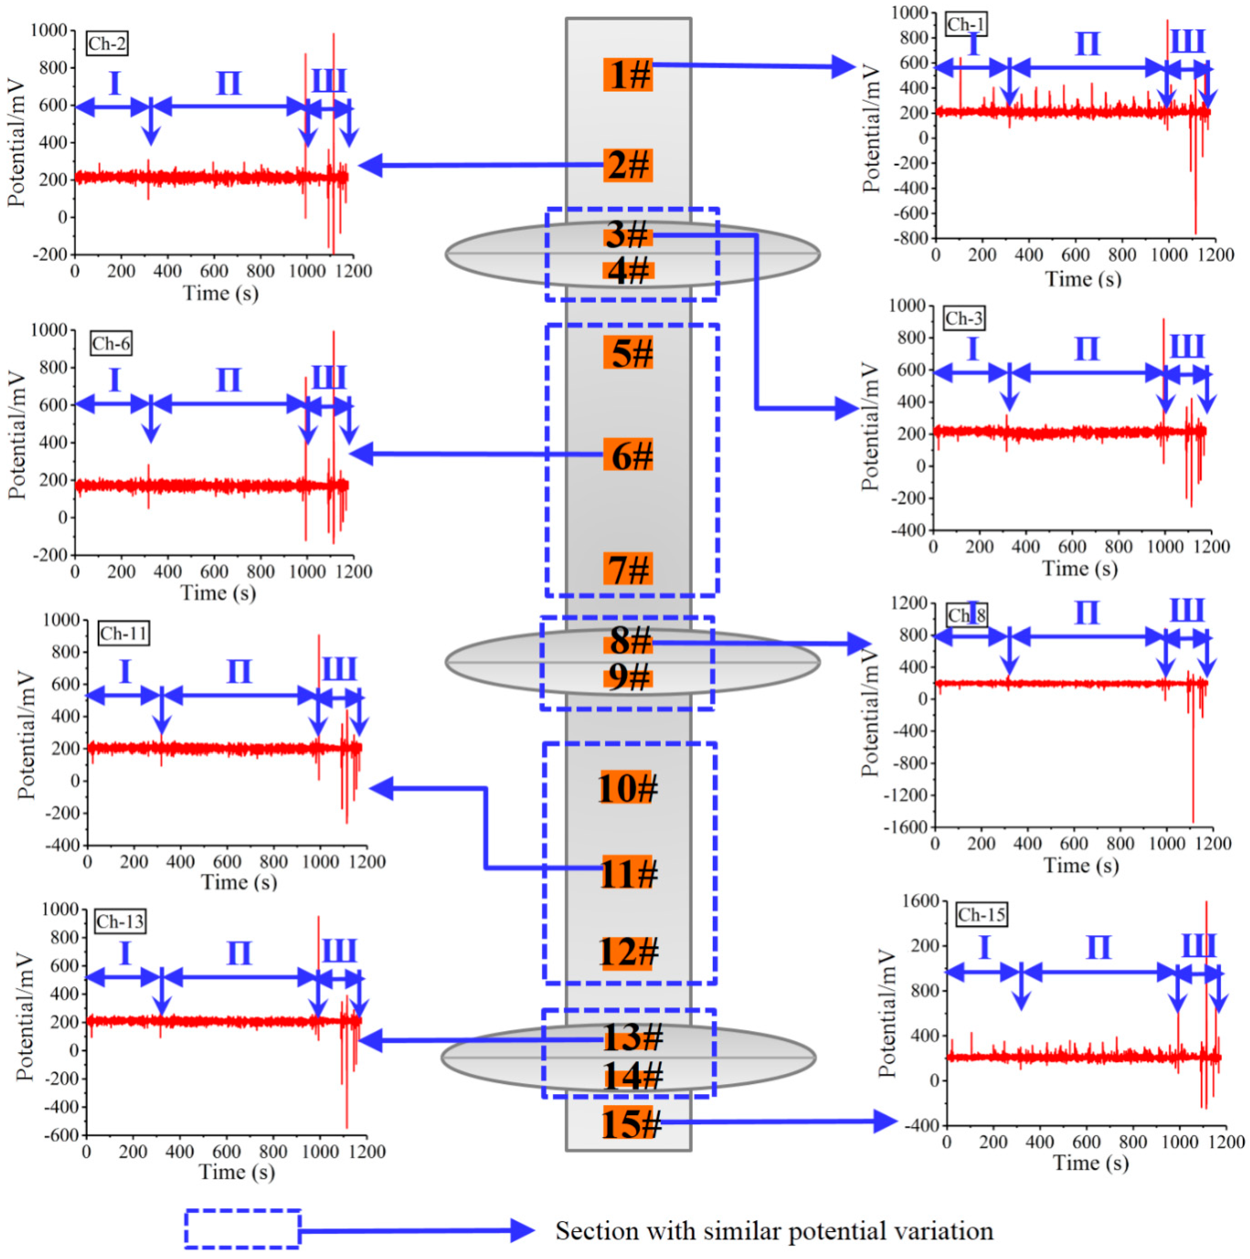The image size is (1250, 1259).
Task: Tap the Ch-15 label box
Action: [x=981, y=915]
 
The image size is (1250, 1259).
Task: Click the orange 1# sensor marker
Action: [x=628, y=74]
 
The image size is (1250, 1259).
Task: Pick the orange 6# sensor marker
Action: [x=628, y=455]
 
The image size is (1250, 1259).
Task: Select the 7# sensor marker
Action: [x=628, y=569]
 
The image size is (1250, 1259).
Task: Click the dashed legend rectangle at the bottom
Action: [x=242, y=1229]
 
